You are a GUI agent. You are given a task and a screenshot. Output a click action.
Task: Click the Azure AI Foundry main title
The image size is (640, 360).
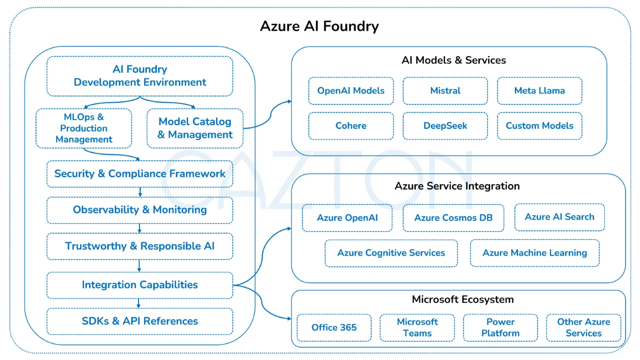coord(319,26)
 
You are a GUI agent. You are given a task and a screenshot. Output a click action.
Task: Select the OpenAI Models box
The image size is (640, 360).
coord(351,91)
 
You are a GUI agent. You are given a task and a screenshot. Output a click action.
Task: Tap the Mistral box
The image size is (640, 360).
coord(445,91)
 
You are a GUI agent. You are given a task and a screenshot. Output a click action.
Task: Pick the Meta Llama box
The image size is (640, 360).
coord(539,91)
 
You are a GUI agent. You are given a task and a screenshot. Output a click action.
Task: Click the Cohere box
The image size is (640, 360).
coord(351,125)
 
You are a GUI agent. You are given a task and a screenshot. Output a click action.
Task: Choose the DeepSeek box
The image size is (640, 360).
coord(445,125)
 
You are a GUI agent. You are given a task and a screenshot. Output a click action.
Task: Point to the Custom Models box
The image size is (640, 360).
coord(539,125)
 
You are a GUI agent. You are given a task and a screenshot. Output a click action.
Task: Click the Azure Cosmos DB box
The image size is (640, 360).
coord(453,217)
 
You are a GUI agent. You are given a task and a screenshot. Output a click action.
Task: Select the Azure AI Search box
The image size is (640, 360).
coord(559,217)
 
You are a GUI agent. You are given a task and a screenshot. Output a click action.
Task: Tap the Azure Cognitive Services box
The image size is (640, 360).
coord(391,253)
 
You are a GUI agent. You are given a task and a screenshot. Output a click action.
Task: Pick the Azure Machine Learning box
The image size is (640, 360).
coord(534,253)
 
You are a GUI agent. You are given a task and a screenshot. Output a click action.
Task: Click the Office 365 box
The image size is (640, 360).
coord(334,327)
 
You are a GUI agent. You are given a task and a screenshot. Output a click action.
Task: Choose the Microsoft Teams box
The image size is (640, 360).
coord(417,327)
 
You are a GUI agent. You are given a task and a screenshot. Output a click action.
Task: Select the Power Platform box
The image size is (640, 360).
coord(500,327)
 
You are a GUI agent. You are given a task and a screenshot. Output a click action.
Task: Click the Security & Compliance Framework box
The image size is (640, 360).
coord(139,174)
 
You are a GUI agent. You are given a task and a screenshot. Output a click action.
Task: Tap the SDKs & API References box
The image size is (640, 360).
coord(139,321)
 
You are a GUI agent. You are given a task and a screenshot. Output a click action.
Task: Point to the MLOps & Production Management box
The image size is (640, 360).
coord(83,128)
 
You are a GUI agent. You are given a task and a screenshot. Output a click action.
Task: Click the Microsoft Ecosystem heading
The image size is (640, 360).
coord(462,299)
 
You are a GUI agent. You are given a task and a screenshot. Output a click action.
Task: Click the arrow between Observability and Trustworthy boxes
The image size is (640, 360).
coord(139,228)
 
